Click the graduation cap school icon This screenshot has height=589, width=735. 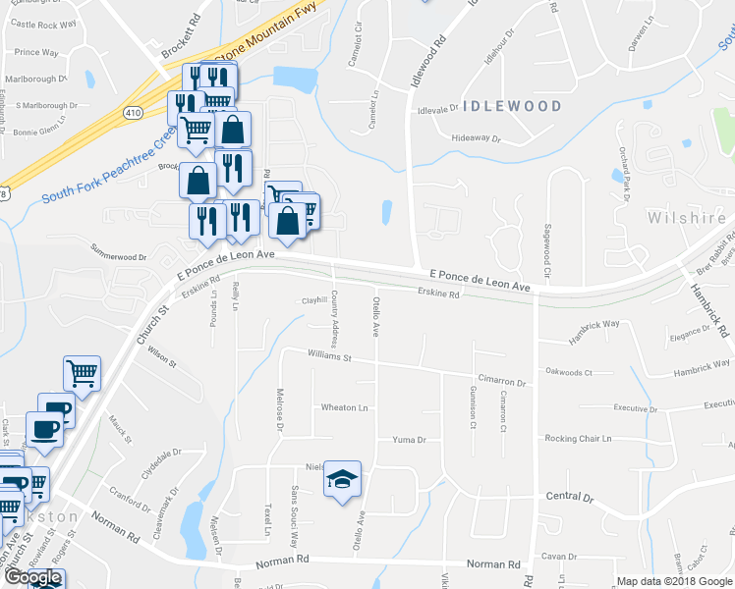pos(342,479)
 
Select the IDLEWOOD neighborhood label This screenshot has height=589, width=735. pos(513,106)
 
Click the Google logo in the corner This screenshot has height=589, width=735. pos(32,577)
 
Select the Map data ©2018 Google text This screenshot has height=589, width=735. pos(674,581)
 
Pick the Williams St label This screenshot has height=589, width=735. pos(329,356)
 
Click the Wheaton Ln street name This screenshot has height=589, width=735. pos(344,407)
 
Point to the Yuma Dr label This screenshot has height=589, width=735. pos(408,440)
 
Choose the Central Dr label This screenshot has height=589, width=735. pos(570,497)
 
